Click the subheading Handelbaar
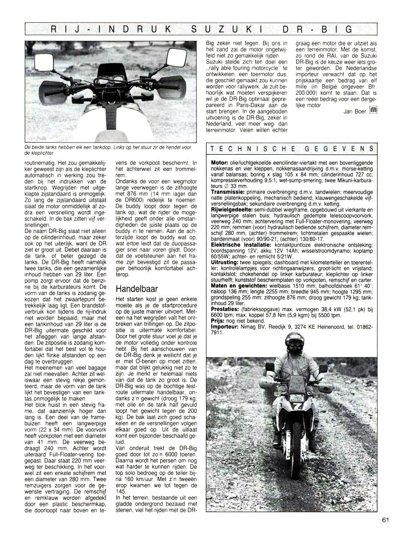point(138,289)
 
